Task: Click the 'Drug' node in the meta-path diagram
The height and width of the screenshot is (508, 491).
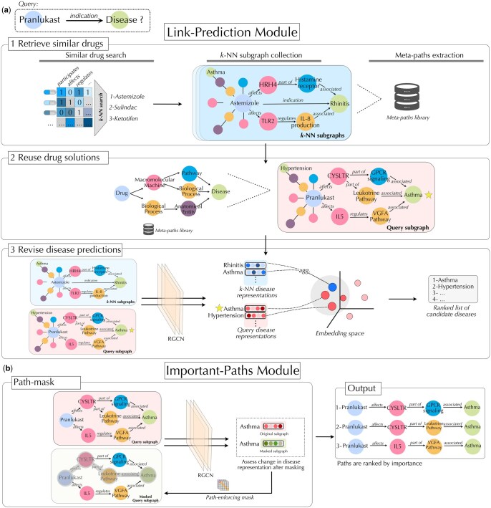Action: coord(123,192)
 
